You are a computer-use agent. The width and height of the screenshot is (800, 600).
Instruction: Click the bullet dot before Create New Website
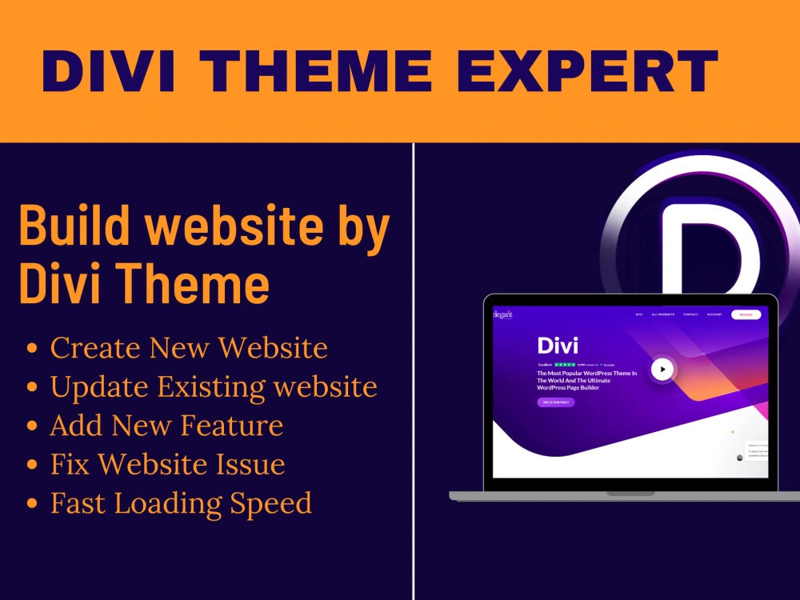33,350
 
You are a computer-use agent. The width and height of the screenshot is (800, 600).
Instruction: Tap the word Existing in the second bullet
210,387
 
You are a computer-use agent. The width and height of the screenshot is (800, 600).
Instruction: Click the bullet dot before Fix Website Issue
33,466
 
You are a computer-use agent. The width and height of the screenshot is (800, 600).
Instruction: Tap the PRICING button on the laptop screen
746,314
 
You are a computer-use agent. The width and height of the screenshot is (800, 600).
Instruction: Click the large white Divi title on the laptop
558,346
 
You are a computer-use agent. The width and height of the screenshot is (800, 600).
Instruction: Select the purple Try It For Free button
555,402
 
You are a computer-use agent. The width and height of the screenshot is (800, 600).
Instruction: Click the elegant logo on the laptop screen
503,314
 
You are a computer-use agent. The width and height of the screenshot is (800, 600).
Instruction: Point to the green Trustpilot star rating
565,364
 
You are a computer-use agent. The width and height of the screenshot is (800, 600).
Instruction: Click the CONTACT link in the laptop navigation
690,314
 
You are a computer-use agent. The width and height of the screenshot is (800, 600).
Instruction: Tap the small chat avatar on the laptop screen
740,458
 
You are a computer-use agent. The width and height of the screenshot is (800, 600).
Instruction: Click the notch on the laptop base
630,494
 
